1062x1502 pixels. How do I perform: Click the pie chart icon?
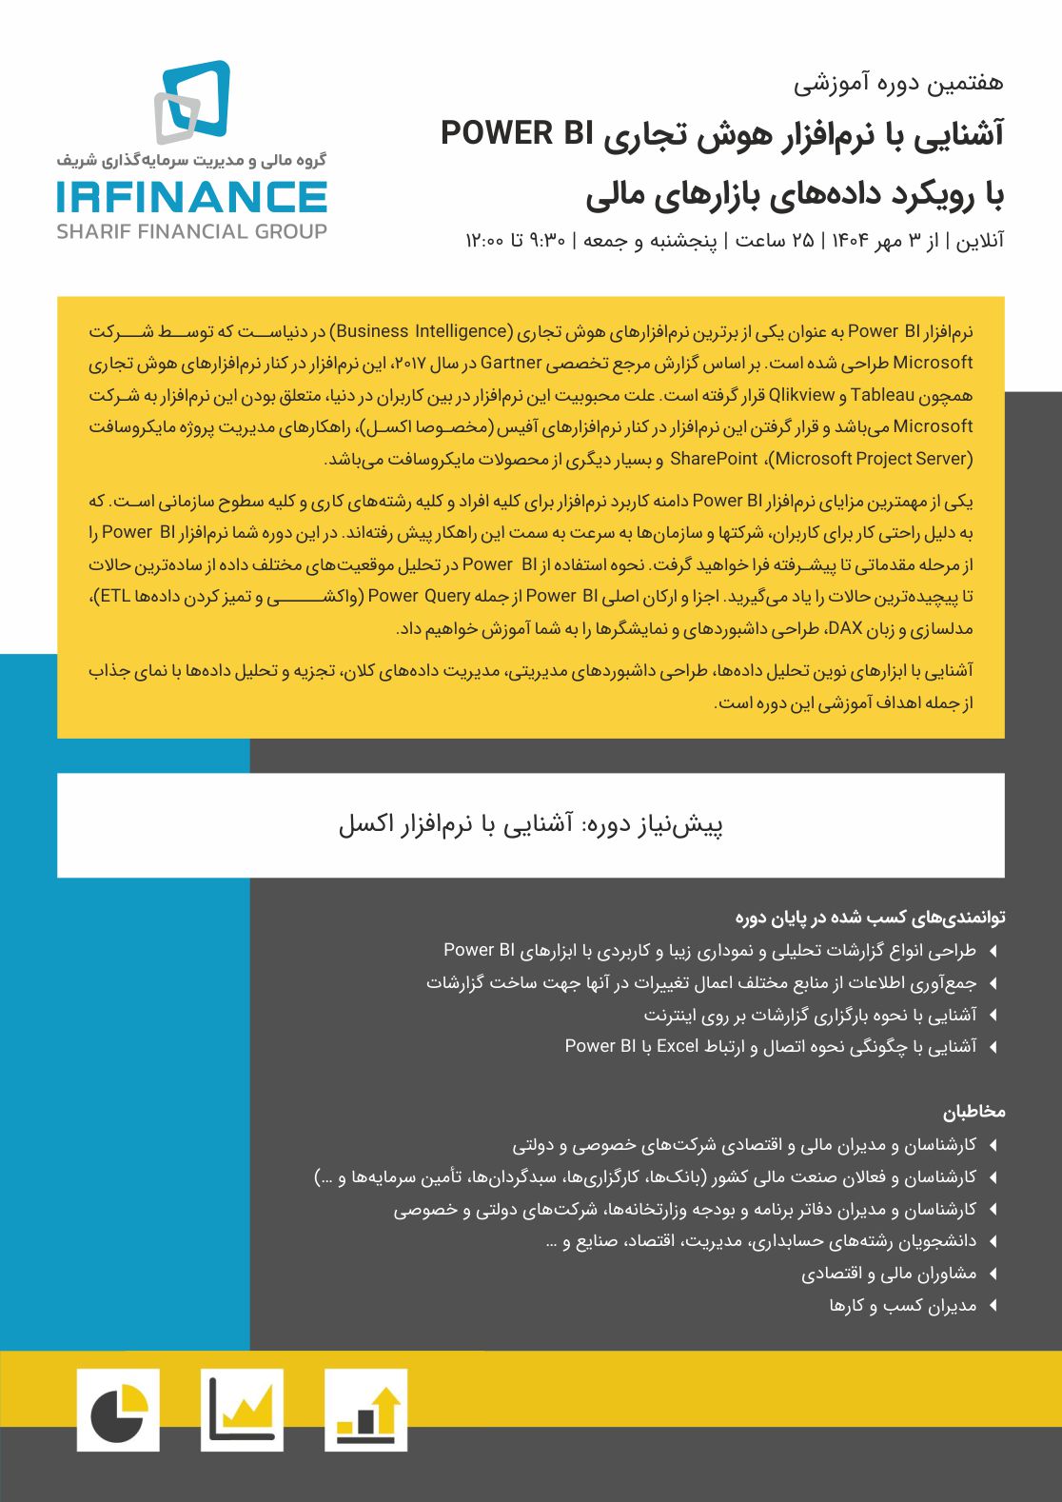[118, 1410]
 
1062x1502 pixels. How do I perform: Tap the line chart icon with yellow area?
[242, 1410]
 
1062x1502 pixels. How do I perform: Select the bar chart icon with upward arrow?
[365, 1410]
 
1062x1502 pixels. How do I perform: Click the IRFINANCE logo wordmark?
[191, 196]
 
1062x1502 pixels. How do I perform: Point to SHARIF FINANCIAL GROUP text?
[191, 231]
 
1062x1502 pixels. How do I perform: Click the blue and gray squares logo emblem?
[193, 101]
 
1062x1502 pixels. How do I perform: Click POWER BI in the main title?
[511, 134]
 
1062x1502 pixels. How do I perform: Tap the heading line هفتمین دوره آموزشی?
[898, 83]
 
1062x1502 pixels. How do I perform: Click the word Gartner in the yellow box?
[511, 363]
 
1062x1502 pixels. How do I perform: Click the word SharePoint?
[714, 459]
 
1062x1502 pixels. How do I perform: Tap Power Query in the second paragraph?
[419, 597]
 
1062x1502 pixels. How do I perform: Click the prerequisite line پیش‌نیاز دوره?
[530, 824]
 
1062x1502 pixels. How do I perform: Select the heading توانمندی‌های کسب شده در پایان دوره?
[870, 918]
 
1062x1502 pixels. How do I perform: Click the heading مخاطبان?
[973, 1112]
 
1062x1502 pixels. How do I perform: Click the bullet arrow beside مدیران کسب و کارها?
[993, 1306]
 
